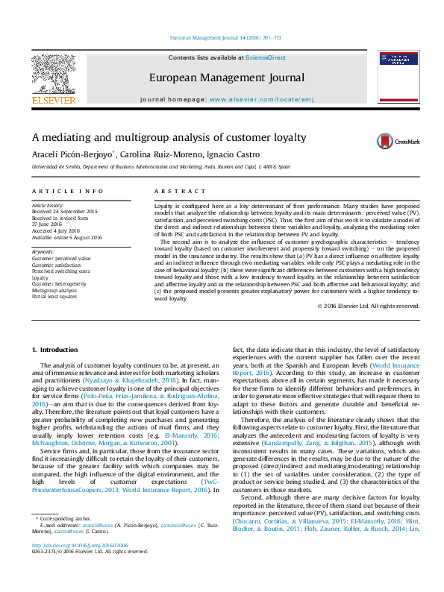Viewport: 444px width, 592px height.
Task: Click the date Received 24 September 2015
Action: click(65, 212)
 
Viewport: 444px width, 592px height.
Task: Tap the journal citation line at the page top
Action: click(222, 37)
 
